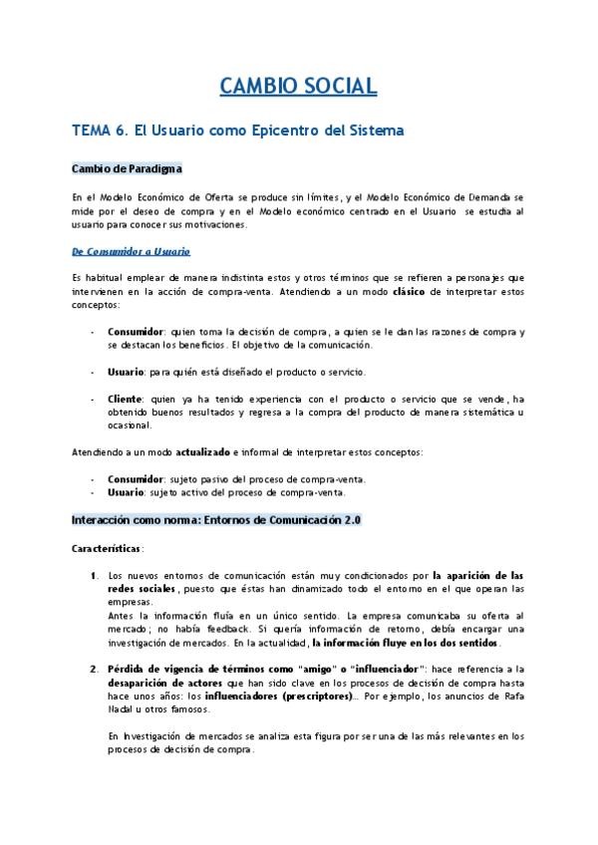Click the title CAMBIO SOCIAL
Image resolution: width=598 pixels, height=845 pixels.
click(298, 87)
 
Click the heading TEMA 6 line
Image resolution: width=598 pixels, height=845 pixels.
click(238, 130)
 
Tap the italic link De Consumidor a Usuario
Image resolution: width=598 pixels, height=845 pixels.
click(132, 250)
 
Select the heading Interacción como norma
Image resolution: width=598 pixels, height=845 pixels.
click(216, 520)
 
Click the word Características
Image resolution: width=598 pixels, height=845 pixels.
click(108, 548)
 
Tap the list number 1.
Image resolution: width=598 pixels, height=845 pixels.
click(93, 575)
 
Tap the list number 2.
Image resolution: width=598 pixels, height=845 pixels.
click(93, 669)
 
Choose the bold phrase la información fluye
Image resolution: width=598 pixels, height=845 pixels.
click(367, 644)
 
